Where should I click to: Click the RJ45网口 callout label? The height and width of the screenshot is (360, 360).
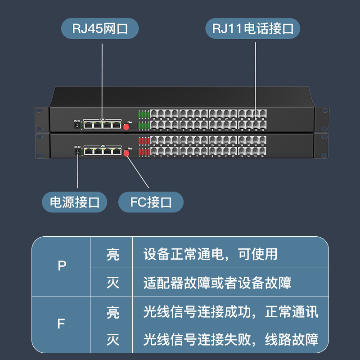pos(100,29)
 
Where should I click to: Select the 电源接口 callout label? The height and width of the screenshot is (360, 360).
pos(75,202)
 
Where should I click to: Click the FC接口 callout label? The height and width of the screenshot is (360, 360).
pos(151,202)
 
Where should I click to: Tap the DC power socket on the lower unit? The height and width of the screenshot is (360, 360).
pos(77,152)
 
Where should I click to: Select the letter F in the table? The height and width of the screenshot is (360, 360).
pos(62,324)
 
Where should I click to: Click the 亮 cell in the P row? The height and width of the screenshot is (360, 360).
pos(112,254)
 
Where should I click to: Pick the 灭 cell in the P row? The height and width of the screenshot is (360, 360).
pos(112,283)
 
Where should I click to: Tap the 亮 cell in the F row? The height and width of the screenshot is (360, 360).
pos(112,312)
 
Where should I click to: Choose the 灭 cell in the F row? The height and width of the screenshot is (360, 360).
pos(112,340)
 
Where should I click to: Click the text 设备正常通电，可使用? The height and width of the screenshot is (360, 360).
pos(210,254)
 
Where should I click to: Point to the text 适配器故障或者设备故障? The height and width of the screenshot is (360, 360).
pos(217,283)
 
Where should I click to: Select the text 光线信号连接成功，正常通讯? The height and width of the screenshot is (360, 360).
pos(231,312)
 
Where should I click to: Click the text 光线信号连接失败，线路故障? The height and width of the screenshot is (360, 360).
pos(231,340)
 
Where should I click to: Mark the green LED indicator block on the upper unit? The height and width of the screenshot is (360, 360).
pos(144,119)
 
